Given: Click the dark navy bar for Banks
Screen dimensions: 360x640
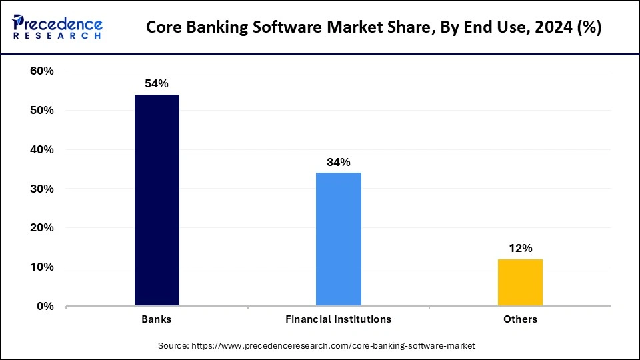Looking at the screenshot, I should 157,200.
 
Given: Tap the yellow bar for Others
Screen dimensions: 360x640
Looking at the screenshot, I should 520,282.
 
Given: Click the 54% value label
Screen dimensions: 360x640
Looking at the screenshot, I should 157,84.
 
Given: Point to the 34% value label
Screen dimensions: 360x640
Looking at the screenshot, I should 339,162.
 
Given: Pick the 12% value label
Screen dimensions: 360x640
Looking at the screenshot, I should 520,248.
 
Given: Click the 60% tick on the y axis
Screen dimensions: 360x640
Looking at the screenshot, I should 42,71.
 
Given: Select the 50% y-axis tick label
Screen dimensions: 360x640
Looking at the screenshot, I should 42,111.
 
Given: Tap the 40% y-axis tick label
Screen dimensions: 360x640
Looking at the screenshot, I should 42,150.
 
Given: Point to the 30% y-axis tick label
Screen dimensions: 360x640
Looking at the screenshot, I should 42,189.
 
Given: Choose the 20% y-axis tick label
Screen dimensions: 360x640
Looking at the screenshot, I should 42,228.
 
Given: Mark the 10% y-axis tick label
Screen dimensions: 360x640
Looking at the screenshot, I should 42,267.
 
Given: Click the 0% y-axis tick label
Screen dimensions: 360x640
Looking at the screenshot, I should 45,307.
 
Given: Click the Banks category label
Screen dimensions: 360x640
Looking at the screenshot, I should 157,319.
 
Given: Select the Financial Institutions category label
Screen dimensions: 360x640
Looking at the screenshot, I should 339,319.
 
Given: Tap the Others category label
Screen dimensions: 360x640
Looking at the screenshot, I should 520,319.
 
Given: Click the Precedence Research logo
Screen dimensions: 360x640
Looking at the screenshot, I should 57,27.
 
